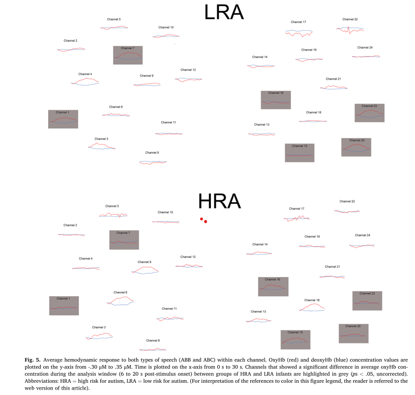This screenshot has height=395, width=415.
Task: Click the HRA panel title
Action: pyautogui.click(x=219, y=201)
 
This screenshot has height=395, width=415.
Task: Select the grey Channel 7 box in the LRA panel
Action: pyautogui.click(x=127, y=55)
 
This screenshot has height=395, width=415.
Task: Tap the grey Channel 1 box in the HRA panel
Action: pyautogui.click(x=63, y=305)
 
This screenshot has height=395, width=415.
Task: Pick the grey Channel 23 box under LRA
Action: pyautogui.click(x=369, y=113)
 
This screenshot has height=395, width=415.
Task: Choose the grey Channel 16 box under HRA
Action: pyautogui.click(x=273, y=286)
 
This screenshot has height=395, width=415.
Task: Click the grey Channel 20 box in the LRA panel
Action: pyautogui.click(x=356, y=147)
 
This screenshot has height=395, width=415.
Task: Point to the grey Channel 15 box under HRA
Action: pyautogui.click(x=296, y=339)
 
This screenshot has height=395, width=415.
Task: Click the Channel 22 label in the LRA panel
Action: pyautogui.click(x=350, y=19)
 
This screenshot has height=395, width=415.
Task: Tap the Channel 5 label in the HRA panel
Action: pyautogui.click(x=112, y=206)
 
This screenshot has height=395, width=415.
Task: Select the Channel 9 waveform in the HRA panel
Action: pyautogui.click(x=145, y=270)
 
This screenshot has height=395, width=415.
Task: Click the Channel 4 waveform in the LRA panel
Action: pyautogui.click(x=86, y=82)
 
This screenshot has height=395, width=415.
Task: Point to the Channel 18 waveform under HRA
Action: pyautogui.click(x=312, y=308)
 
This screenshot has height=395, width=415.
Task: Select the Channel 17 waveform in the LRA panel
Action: pyautogui.click(x=298, y=32)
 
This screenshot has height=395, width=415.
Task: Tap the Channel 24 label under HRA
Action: pyautogui.click(x=362, y=235)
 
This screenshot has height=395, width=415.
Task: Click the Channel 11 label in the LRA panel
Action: pyautogui.click(x=168, y=122)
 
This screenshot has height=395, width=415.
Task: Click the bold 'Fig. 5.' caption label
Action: pyautogui.click(x=32, y=360)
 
